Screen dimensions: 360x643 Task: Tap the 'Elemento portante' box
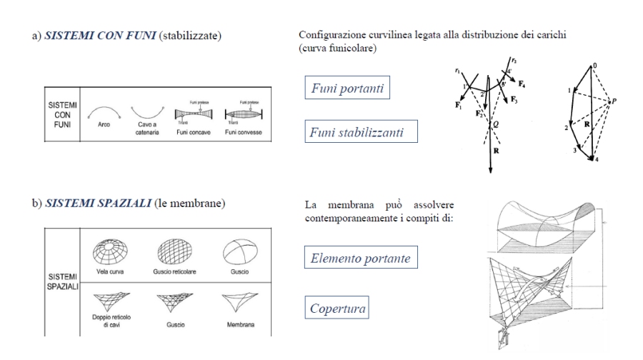(x=360, y=259)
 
